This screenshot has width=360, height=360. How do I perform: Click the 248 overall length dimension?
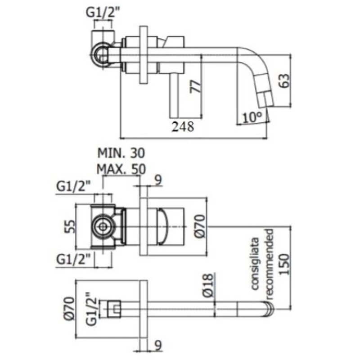(183, 127)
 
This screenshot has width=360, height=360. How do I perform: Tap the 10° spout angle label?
(252, 117)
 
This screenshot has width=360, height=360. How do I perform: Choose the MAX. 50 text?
(121, 170)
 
